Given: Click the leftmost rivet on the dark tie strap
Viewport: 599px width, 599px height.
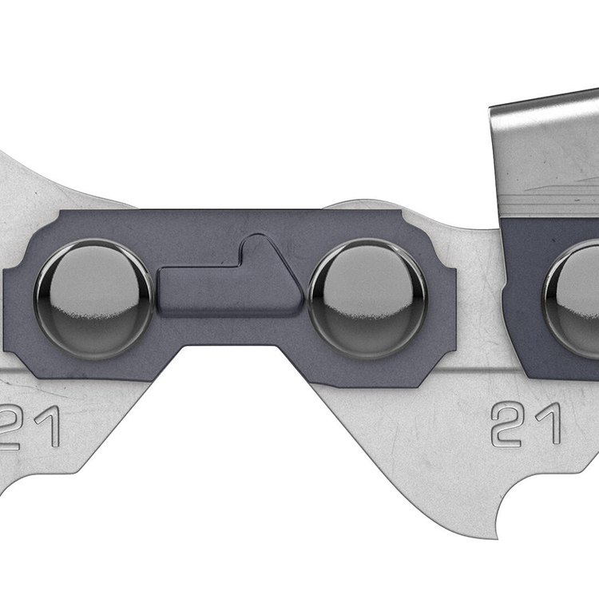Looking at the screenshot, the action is [x=94, y=299].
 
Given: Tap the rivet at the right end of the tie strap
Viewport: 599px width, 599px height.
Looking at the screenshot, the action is [x=367, y=299].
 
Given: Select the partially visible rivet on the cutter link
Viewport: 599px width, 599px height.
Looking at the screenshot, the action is [x=571, y=299].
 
